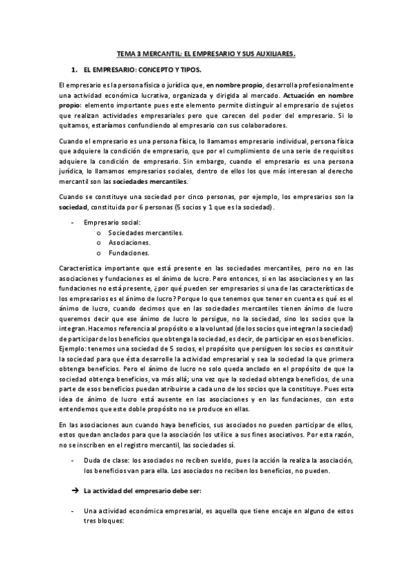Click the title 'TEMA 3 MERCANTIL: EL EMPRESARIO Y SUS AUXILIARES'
pyautogui.click(x=206, y=52)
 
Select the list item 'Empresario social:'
pyautogui.click(x=111, y=222)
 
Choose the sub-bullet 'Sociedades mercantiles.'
pyautogui.click(x=147, y=233)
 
